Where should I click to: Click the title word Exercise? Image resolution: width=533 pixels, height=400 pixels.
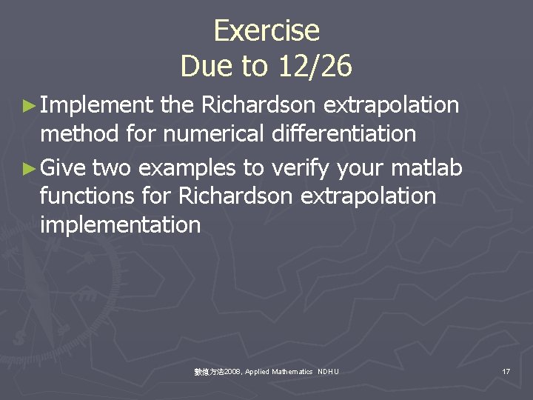coord(266,31)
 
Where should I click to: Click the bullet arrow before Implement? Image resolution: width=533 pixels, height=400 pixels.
coord(29,107)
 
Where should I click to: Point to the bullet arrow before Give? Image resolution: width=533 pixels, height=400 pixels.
coord(29,169)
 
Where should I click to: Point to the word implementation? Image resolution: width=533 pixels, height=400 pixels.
coord(120,224)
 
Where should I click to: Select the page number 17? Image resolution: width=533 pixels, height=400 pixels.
coord(506,370)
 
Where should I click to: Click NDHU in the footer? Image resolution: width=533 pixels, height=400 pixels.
coord(328,371)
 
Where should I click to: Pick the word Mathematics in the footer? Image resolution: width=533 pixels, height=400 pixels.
coord(292,371)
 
